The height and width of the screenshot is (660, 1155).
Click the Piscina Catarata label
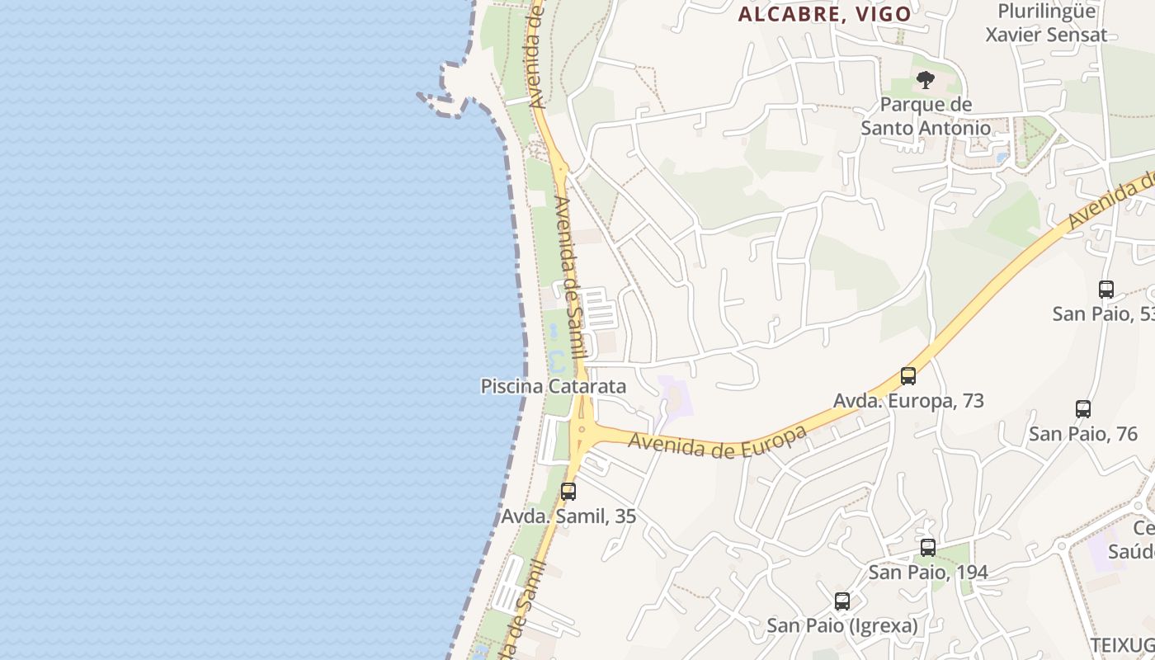tap(553, 386)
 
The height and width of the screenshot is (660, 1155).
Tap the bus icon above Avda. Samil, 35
tap(568, 492)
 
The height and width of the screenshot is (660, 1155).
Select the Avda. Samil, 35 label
tap(568, 516)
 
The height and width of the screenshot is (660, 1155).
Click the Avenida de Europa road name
tap(716, 441)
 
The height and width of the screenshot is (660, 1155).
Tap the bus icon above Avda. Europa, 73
tap(908, 376)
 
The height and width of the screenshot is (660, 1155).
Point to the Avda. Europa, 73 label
tap(908, 401)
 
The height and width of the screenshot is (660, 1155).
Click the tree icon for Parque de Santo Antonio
tap(926, 80)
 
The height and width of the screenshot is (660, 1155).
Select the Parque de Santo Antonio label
tap(926, 116)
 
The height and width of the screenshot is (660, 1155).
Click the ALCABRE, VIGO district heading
tap(824, 14)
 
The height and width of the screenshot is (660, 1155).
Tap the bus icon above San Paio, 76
tap(1083, 409)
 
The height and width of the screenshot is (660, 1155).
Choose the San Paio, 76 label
tap(1083, 433)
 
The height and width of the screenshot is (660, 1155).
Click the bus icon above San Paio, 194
tap(928, 548)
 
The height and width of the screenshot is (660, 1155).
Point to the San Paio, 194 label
tap(928, 572)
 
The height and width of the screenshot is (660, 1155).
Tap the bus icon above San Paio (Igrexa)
tap(841, 601)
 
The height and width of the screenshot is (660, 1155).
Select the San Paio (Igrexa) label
tap(841, 625)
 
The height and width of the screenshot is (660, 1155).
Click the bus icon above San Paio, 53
tap(1106, 290)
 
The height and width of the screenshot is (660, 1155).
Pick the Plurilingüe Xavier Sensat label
tap(1046, 23)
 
